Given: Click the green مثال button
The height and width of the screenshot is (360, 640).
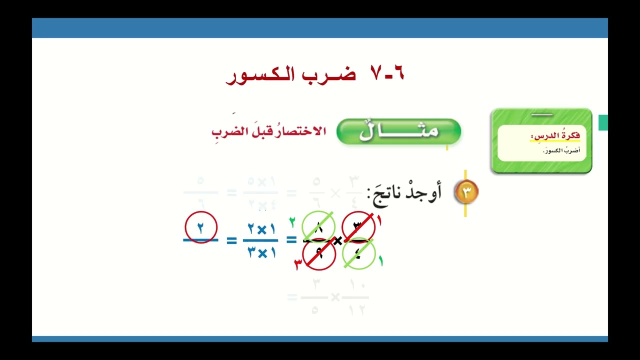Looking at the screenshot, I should tap(398, 131).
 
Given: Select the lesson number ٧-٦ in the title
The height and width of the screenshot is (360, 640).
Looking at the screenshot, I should tap(387, 74).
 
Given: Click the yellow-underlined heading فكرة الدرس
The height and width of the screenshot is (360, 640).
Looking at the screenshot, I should tap(555, 136).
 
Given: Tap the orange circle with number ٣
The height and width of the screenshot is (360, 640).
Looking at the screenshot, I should tap(466, 192).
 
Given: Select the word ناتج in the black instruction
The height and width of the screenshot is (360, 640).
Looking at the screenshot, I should tap(385, 193).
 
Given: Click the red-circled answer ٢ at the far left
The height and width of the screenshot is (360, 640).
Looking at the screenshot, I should tap(201, 227).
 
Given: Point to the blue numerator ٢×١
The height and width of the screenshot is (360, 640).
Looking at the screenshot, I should tap(261, 229).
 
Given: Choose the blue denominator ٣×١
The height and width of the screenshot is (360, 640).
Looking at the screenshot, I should tap(261, 253).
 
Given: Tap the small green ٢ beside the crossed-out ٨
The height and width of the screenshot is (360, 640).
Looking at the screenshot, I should tap(292, 221).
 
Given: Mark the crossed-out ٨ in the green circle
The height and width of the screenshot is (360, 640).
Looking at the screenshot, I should tap(318, 227).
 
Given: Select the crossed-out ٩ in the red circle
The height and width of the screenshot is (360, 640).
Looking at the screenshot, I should tap(318, 254).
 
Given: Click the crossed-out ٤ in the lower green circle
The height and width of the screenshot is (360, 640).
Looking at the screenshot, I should tap(358, 253).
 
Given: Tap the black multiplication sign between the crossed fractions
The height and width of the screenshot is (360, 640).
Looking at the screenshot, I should tap(338, 241).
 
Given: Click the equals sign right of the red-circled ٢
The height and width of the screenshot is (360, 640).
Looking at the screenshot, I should tap(231, 241).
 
